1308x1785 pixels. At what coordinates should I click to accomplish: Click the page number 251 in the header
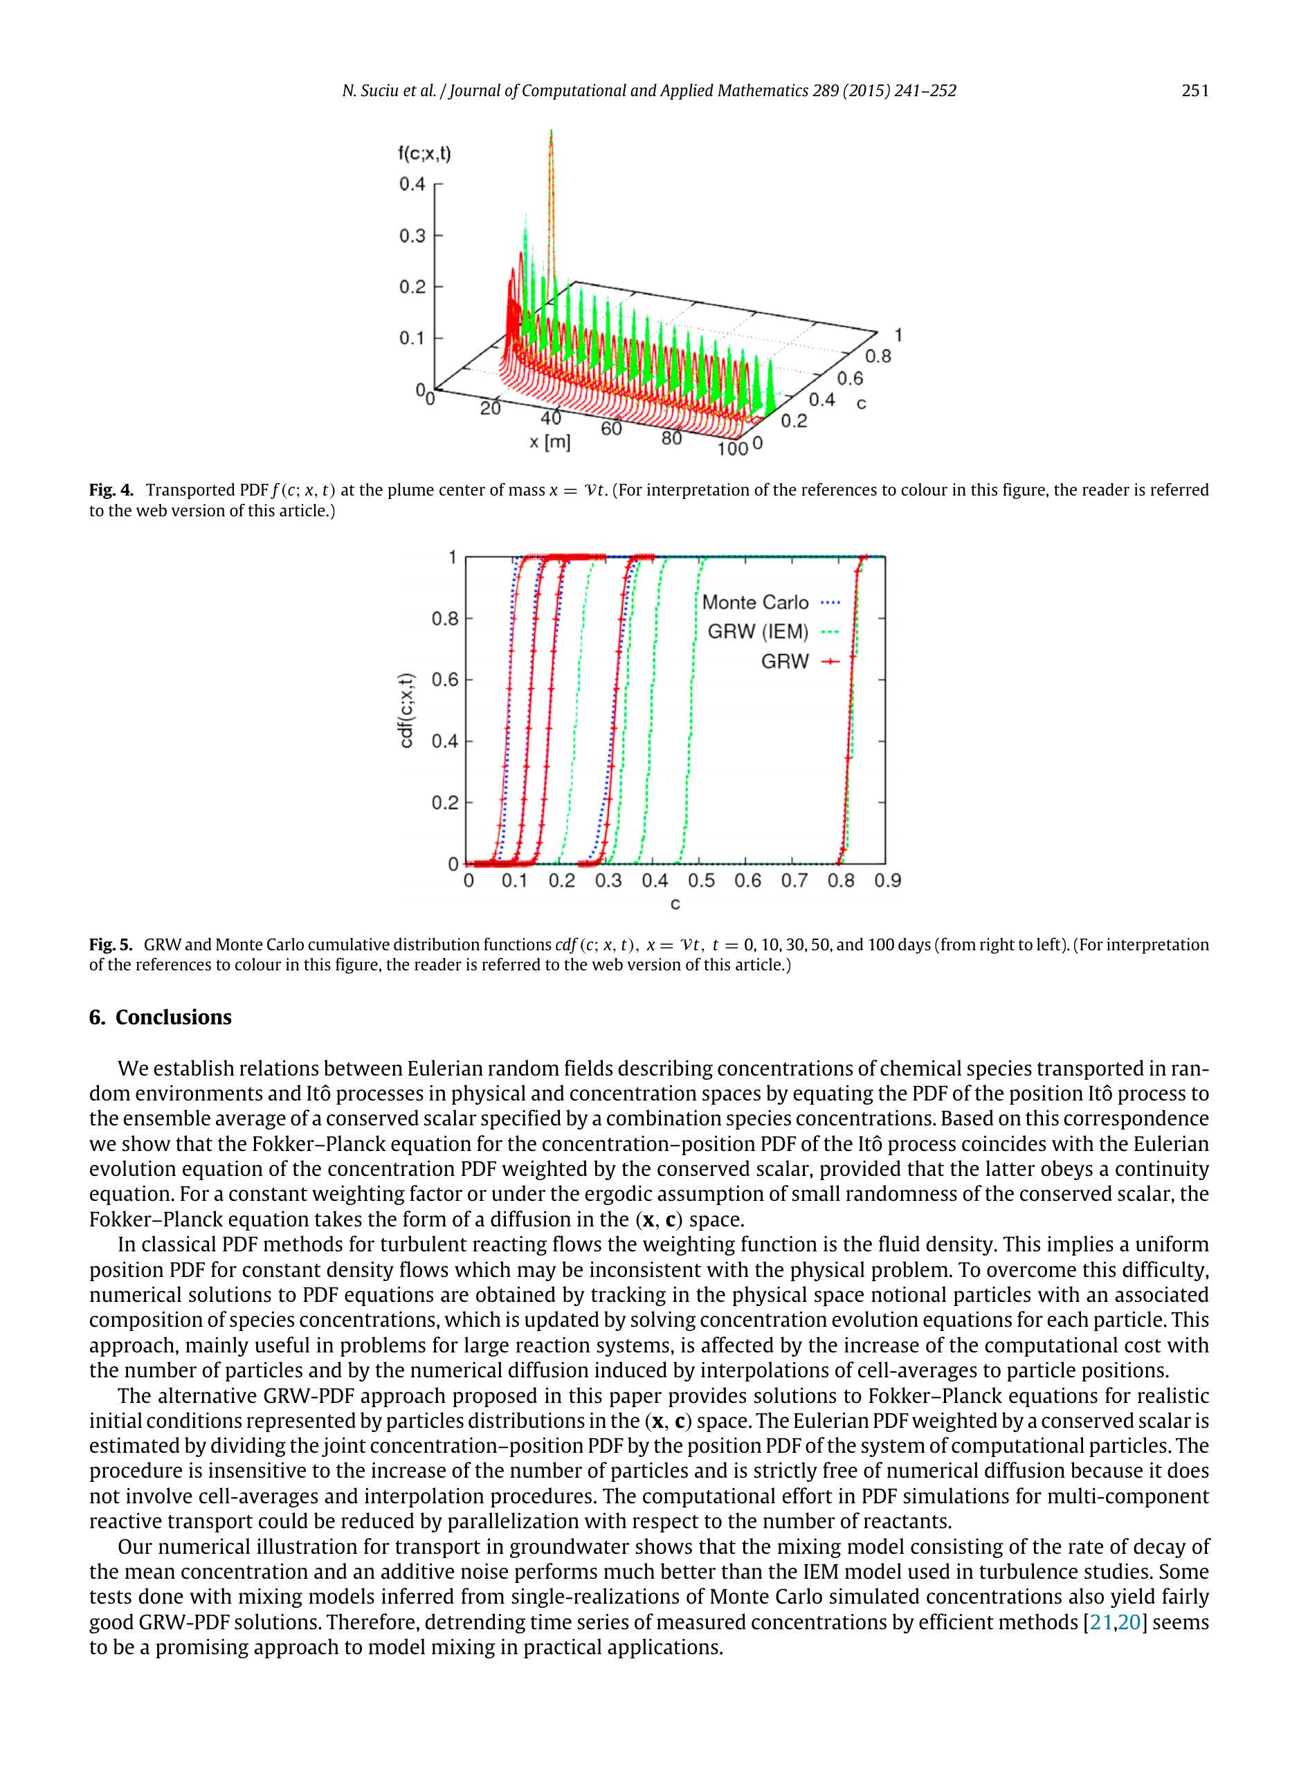coord(1195,90)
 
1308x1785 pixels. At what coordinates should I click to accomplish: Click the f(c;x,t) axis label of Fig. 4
coord(424,154)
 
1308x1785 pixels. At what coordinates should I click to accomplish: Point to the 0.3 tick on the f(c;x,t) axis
coord(412,236)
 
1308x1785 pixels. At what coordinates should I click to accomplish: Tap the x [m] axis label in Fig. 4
coord(549,442)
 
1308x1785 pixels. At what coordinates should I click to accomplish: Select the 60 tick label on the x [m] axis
coord(611,428)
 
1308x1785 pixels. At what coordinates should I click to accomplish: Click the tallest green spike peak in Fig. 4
coord(551,133)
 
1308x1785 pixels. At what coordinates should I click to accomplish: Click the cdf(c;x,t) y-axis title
coord(406,710)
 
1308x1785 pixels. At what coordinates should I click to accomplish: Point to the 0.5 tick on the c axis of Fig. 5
coord(700,880)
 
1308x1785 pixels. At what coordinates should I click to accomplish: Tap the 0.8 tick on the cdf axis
coord(445,619)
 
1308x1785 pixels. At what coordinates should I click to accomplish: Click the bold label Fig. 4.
coord(111,490)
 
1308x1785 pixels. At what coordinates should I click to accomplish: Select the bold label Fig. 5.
coord(110,945)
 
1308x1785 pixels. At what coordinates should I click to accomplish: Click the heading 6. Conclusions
coord(160,1017)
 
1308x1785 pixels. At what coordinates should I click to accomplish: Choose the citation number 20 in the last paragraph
coord(1129,1622)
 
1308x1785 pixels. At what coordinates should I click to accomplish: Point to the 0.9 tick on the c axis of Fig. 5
coord(887,880)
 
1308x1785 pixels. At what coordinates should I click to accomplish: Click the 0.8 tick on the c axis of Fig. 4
coord(878,356)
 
